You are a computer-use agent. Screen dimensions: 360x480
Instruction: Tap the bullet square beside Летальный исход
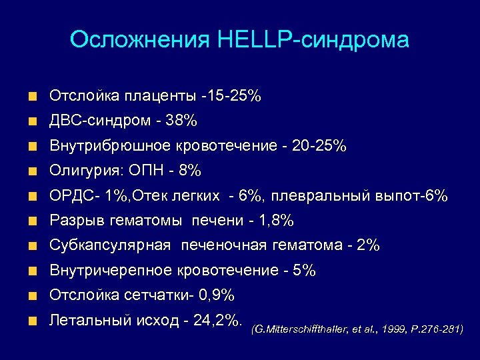coord(32,321)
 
